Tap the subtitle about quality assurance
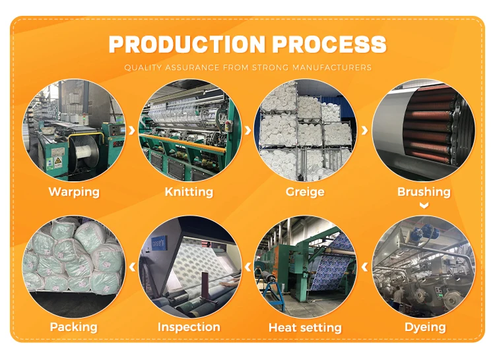[x=247, y=67]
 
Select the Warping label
[x=74, y=192]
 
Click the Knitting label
[x=189, y=192]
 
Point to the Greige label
[x=305, y=192]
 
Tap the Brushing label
[x=424, y=192]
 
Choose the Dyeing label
[x=425, y=327]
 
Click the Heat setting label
[x=305, y=327]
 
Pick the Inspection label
[x=189, y=327]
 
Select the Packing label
[x=73, y=327]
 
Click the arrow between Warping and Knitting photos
[x=132, y=130]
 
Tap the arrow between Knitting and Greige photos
[x=248, y=130]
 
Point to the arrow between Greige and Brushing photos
[x=364, y=130]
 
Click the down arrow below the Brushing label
[x=424, y=206]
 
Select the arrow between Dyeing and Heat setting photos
[x=364, y=267]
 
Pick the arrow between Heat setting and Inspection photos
[x=248, y=267]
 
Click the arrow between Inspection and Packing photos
[x=132, y=267]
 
